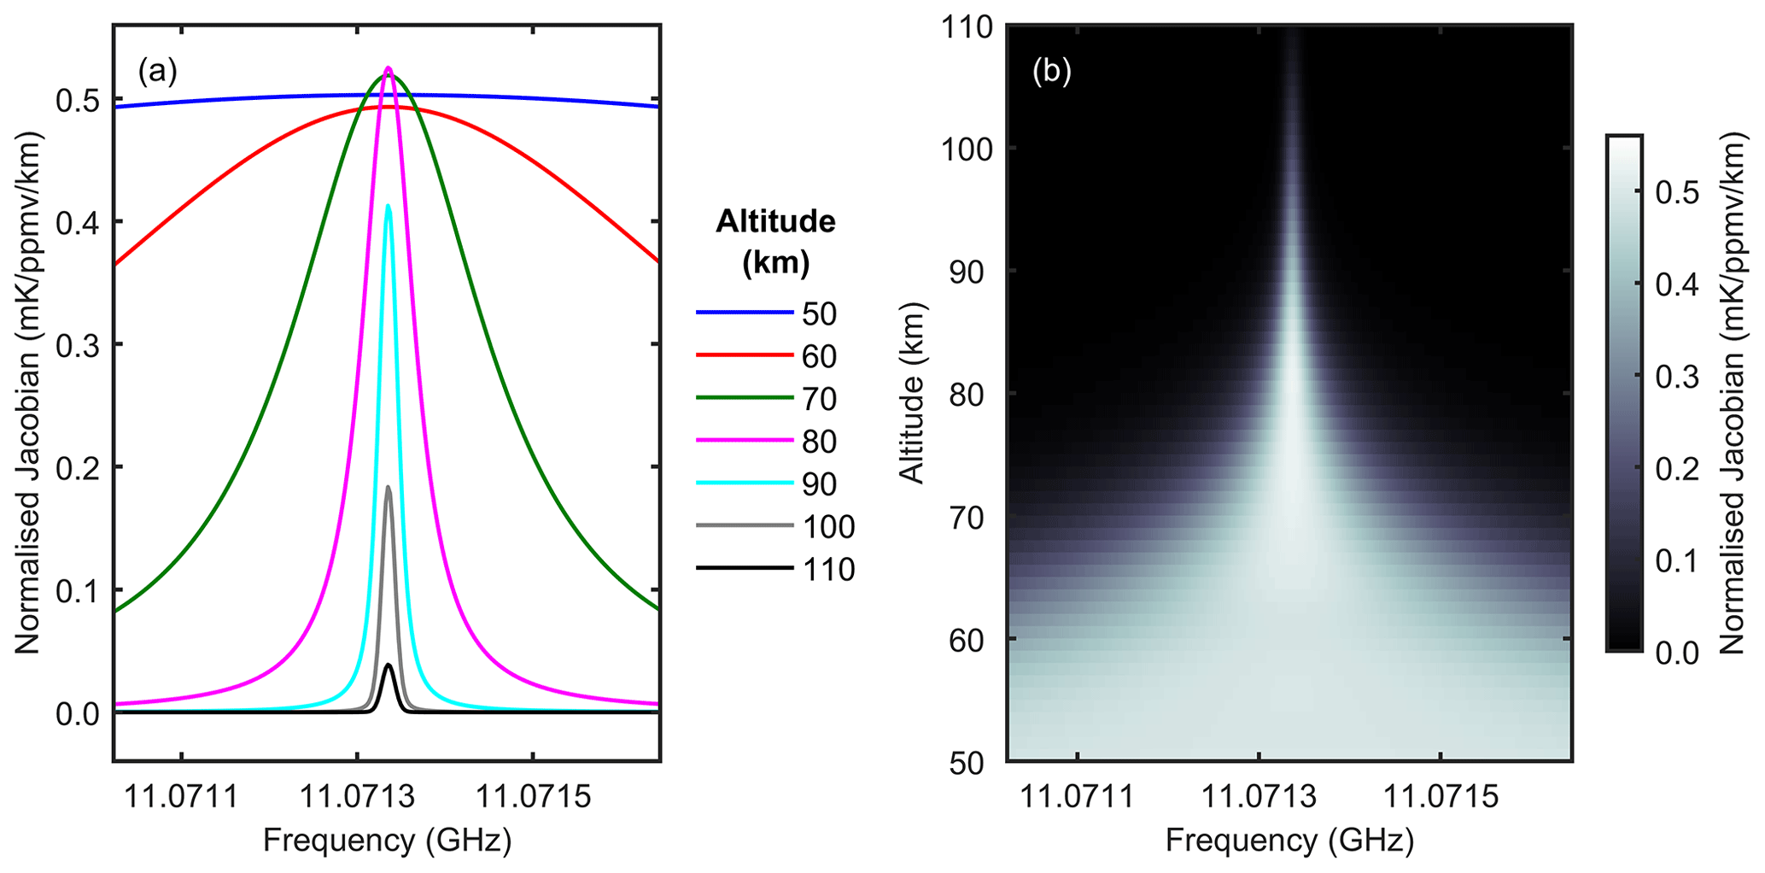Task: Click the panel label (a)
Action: point(157,73)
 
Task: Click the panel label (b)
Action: point(1051,73)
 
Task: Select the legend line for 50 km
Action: point(744,313)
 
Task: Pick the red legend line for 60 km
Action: point(744,355)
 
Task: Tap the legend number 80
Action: point(819,442)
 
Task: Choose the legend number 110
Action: point(828,570)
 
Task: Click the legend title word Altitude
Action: point(775,222)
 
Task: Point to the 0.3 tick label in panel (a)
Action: point(78,345)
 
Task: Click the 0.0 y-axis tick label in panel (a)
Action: point(78,714)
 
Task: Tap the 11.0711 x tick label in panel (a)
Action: point(182,797)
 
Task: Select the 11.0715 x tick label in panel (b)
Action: point(1441,797)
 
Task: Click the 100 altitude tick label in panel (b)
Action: point(967,149)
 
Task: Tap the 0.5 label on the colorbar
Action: point(1675,193)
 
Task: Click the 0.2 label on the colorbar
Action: point(1675,470)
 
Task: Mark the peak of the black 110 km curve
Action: point(389,665)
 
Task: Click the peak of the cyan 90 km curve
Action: point(389,205)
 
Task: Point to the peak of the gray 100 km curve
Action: point(389,487)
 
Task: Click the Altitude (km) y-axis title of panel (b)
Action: point(913,393)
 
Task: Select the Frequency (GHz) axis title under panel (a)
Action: point(387,841)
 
